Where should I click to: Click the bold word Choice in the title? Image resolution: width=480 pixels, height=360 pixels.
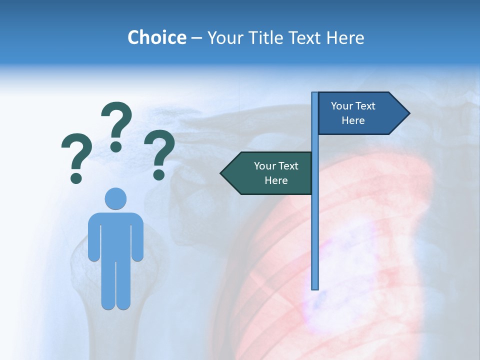tap(156, 38)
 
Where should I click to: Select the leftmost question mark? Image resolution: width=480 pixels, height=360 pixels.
tap(76, 156)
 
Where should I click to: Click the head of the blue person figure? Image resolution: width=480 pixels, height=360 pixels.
tap(115, 198)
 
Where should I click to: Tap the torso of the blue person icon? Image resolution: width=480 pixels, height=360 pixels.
tap(115, 235)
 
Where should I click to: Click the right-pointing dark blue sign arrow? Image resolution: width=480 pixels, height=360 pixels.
tap(360, 113)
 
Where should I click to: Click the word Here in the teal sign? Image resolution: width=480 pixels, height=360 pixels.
tap(276, 180)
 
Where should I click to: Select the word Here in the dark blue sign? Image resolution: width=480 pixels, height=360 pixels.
tap(353, 120)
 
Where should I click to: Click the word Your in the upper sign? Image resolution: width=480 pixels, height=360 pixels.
tap(342, 106)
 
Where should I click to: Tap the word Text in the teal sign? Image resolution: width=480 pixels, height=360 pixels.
tap(288, 166)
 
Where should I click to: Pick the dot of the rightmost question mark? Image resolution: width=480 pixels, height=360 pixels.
tap(159, 175)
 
